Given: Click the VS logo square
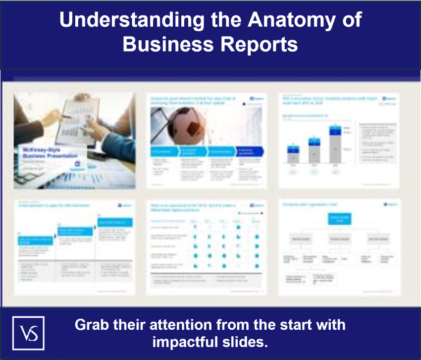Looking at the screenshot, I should click(x=28, y=333).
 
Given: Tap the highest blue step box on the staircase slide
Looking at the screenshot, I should click(x=115, y=222).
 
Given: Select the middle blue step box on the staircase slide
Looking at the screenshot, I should click(x=75, y=232).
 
